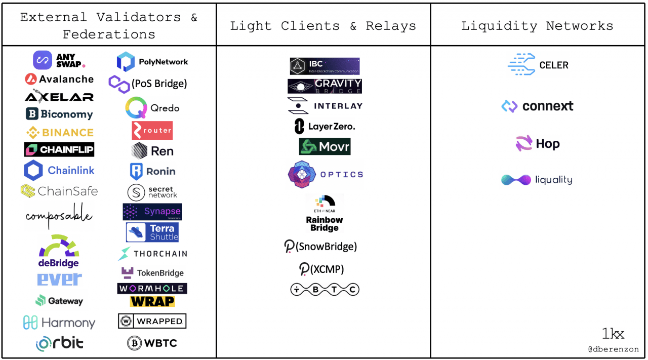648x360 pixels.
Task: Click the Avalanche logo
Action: tap(59, 79)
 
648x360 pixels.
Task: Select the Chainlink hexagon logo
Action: tap(33, 171)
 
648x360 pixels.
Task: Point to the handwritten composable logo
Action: tap(59, 216)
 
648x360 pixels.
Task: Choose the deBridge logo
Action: tap(59, 251)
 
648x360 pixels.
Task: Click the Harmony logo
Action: tap(59, 323)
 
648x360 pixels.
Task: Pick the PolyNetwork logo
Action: tap(152, 62)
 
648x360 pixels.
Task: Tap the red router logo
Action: tap(152, 131)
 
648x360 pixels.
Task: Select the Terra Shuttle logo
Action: tap(152, 232)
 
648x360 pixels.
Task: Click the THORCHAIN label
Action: tap(160, 254)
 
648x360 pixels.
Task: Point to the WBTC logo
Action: tap(152, 343)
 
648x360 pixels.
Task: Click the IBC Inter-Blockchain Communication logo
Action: tap(325, 66)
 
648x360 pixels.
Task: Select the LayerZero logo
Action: tap(325, 126)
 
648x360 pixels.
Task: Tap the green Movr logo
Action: tap(325, 147)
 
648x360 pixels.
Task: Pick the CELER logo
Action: tap(538, 65)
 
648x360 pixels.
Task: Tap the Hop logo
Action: tap(538, 144)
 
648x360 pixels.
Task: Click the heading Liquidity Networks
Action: tap(537, 26)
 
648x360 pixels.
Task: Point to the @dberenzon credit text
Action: tap(613, 349)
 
